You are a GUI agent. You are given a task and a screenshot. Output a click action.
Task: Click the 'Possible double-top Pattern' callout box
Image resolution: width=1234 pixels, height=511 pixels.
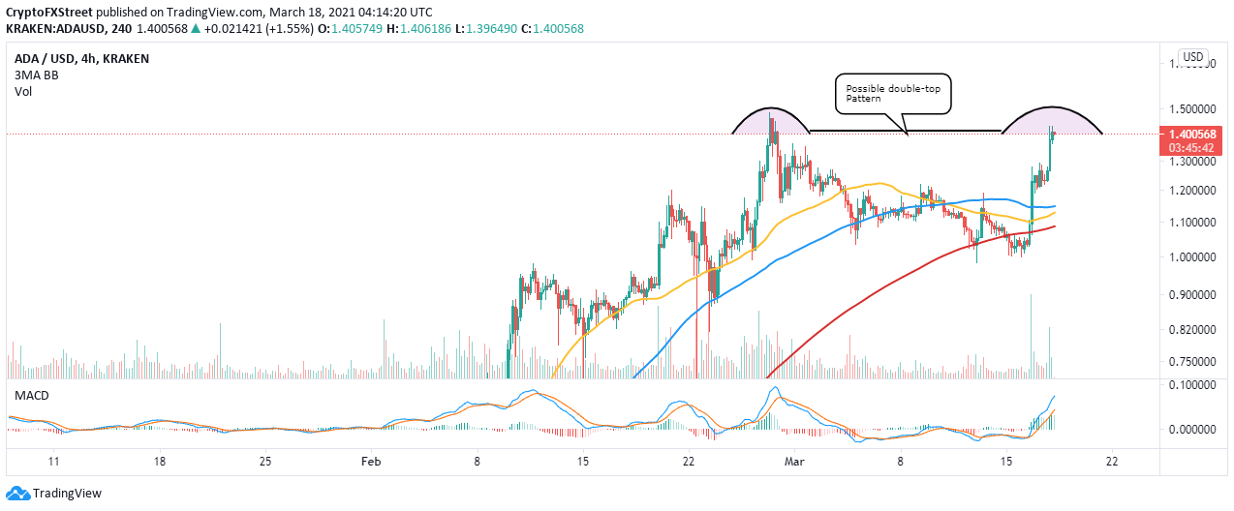pos(892,93)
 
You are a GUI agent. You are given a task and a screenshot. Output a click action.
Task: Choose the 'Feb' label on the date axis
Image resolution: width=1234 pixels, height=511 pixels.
pos(373,462)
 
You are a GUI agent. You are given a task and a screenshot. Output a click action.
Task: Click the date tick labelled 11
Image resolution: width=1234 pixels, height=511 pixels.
pos(54,462)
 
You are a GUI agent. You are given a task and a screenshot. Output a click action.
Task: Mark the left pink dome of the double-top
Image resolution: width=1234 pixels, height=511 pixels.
pos(771,119)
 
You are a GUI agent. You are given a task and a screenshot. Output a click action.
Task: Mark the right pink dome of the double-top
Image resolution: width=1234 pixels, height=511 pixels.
pos(1052,119)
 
